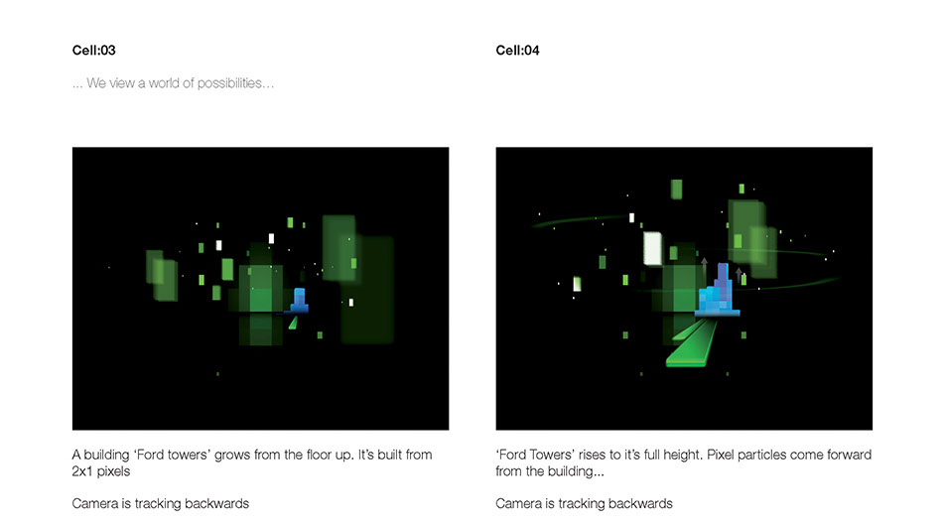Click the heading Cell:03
(x=93, y=51)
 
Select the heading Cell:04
(x=517, y=51)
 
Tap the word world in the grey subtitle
(x=164, y=83)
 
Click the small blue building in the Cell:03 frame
(x=299, y=301)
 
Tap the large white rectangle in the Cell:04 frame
(x=652, y=248)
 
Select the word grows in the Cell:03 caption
(x=232, y=455)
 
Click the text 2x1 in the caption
(x=82, y=471)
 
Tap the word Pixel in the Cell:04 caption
(x=722, y=455)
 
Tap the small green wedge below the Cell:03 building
(x=294, y=323)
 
